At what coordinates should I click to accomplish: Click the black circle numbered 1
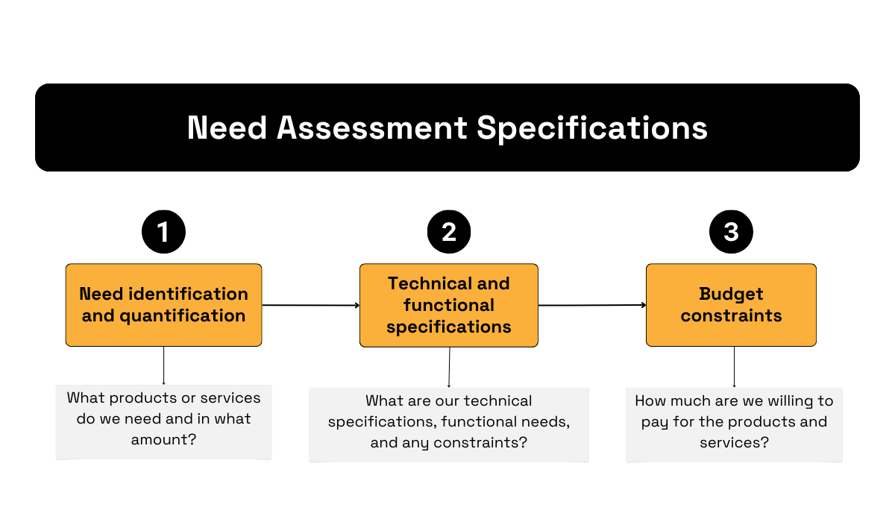tap(163, 232)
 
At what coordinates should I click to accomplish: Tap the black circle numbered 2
tap(448, 232)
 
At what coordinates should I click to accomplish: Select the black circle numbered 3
tap(731, 232)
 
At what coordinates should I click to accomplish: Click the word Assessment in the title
tap(372, 128)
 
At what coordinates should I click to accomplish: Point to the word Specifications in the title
tap(592, 128)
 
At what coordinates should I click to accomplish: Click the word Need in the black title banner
tap(227, 128)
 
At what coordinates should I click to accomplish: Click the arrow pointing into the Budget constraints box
tap(592, 305)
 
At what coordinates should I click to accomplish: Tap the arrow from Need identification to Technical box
tap(310, 305)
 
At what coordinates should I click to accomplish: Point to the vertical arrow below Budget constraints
tap(735, 367)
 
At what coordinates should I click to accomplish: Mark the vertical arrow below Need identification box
tap(163, 365)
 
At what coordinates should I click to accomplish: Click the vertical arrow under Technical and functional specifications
tap(449, 367)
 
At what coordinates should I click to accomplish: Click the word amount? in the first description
tap(163, 439)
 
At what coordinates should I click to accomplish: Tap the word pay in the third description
tap(655, 421)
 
